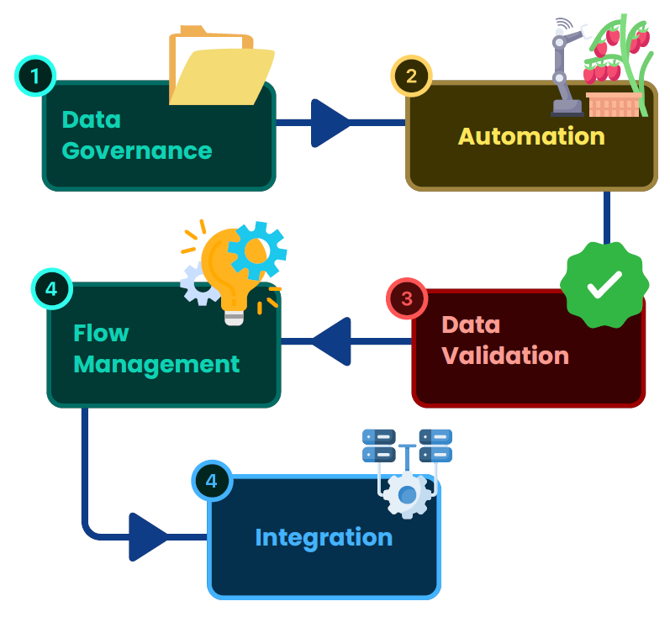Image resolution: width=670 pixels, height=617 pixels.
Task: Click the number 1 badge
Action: coord(34,76)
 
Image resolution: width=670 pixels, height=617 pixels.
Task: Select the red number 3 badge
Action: coord(407,298)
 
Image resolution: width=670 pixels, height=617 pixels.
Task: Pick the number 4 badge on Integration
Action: coord(212,481)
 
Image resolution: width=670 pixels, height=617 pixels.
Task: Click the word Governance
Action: coord(137,151)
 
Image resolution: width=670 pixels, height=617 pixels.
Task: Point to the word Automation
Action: coord(530,136)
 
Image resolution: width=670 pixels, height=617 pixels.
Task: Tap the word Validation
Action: coord(505,356)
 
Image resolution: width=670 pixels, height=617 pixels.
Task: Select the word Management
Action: coord(156,364)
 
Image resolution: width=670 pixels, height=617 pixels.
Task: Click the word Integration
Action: coord(324,537)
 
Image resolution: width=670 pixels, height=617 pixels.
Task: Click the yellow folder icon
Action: coord(220,67)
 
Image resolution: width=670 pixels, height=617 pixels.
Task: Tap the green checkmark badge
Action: coord(604,286)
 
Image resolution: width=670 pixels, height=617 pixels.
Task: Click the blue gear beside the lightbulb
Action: coord(256,250)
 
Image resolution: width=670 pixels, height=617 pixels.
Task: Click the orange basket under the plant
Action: coord(614,104)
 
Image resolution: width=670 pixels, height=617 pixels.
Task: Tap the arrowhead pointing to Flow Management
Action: coord(332,341)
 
